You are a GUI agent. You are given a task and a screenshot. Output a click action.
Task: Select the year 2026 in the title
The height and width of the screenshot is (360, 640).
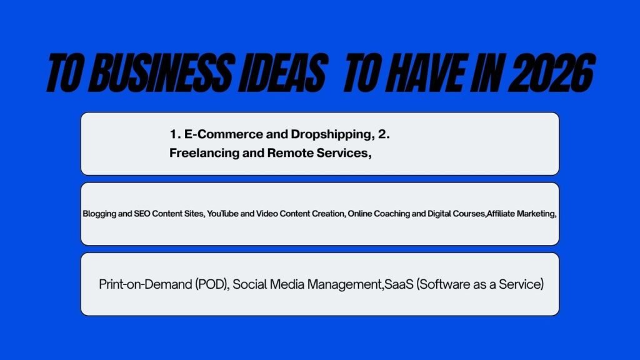[x=551, y=72]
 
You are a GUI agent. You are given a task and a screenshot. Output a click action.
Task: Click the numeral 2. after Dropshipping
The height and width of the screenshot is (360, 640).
[x=384, y=134]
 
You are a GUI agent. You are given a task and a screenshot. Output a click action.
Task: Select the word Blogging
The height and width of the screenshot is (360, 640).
[x=99, y=214]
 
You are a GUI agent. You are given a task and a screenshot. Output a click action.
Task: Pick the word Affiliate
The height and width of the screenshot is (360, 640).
[x=501, y=214]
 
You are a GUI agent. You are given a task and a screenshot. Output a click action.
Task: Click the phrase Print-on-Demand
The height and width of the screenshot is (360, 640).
[x=145, y=284]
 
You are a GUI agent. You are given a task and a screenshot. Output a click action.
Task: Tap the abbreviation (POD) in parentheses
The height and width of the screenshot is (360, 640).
[x=212, y=284]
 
